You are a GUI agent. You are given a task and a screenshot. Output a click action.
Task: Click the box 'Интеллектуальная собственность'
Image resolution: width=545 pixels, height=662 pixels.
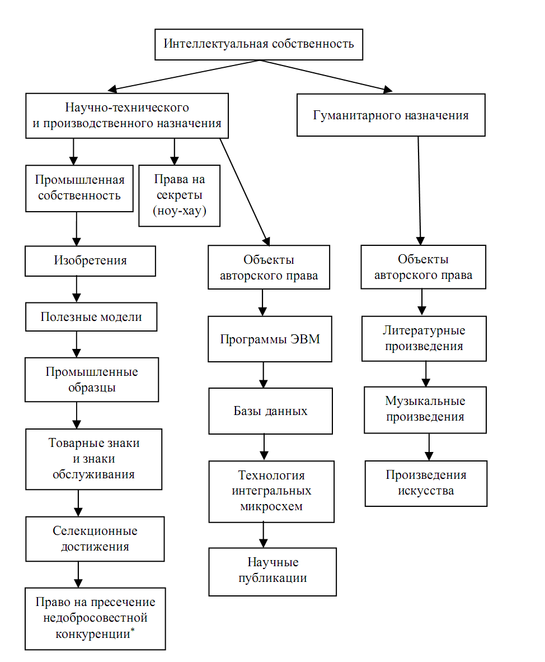point(259,44)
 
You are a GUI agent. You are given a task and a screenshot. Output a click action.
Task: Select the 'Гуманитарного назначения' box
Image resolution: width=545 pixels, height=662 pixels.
point(391,115)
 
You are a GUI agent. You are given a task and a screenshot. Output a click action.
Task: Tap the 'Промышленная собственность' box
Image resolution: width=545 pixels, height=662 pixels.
point(79,188)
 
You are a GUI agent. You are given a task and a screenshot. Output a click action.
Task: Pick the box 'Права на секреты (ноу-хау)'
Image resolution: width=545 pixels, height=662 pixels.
point(179,195)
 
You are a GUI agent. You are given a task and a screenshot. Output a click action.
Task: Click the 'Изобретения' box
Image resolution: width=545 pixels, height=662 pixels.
point(90,261)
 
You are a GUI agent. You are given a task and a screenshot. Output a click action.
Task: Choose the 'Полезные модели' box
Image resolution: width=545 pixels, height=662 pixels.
point(91,316)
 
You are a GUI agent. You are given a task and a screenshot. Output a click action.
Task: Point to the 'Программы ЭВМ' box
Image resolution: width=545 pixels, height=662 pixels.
point(270,339)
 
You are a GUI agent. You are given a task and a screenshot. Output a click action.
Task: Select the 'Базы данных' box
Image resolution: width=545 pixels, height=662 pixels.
point(270,411)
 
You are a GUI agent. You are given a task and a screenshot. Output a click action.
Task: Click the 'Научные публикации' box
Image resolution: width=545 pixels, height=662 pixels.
point(272,572)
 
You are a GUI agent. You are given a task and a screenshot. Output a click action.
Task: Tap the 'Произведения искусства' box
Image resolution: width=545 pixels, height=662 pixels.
point(426,483)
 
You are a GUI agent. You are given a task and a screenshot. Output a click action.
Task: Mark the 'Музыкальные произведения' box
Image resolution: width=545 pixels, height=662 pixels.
point(425,409)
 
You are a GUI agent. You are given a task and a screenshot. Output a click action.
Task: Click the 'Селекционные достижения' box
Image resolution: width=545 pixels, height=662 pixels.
point(95,539)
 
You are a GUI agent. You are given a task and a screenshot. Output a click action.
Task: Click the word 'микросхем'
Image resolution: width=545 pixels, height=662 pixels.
point(271,506)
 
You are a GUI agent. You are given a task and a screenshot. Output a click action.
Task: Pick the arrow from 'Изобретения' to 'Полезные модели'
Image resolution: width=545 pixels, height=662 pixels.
point(76,289)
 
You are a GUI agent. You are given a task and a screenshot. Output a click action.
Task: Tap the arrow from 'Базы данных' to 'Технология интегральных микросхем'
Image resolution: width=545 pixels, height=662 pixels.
point(264,447)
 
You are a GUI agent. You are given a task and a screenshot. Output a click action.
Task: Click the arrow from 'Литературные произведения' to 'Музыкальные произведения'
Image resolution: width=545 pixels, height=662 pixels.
point(426,374)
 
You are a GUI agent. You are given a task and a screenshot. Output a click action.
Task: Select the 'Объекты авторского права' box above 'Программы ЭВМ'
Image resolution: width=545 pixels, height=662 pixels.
point(269,267)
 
